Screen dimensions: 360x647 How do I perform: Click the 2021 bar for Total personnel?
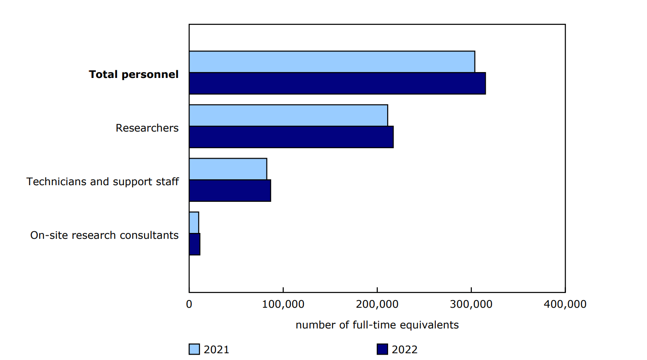332,62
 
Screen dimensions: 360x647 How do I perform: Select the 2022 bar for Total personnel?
337,83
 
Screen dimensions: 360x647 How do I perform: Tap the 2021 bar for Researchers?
288,115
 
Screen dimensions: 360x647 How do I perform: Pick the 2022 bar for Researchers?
291,137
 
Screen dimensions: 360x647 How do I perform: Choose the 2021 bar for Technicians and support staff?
228,169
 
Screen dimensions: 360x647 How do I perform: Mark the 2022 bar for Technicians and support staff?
230,191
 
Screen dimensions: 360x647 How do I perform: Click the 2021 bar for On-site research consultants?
194,223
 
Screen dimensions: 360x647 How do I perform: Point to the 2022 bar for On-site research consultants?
195,244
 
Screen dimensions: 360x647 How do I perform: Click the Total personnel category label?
134,74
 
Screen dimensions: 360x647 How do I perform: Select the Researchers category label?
147,128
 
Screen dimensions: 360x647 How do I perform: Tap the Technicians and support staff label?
103,182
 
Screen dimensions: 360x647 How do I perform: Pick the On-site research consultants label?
104,235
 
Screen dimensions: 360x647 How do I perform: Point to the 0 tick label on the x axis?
189,305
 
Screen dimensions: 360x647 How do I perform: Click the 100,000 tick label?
283,305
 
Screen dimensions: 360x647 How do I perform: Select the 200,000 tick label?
377,305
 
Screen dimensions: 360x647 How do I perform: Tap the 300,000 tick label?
471,305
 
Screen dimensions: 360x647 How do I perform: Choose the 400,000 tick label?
565,305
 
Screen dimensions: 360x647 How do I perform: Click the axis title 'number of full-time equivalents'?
377,325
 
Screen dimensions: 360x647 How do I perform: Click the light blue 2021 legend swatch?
194,349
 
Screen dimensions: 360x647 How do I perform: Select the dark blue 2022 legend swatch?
382,349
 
